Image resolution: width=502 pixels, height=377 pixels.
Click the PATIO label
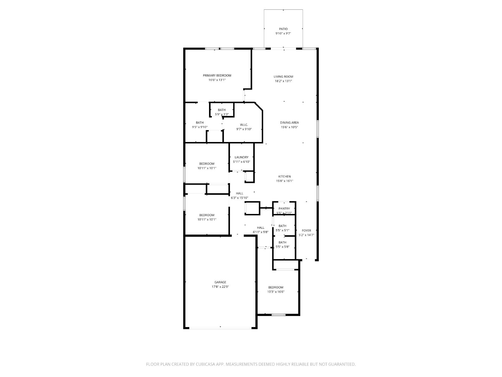[x=283, y=29]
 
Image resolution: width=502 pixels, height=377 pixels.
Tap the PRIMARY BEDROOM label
[x=217, y=75]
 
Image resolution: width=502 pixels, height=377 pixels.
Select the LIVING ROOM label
[x=283, y=77]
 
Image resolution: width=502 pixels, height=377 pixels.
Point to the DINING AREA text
[x=289, y=123]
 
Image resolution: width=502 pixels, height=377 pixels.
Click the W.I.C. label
[x=244, y=125]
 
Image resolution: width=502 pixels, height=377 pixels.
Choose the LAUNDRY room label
[x=241, y=157]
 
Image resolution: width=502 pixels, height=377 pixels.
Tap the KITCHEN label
[x=284, y=177]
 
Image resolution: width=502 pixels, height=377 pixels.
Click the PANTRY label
[x=284, y=209]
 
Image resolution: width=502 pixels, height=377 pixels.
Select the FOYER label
[x=306, y=231]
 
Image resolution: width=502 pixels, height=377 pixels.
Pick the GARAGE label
[x=220, y=282]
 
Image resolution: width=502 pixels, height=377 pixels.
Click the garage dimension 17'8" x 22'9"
[x=220, y=287]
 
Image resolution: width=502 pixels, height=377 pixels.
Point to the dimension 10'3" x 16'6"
[x=275, y=292]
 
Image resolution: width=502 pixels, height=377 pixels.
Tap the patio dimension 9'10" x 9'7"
[x=283, y=33]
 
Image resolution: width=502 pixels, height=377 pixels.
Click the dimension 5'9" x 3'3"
[x=222, y=114]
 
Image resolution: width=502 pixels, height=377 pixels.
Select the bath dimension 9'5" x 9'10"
[x=200, y=127]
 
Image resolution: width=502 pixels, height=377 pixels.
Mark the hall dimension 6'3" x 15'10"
[x=239, y=198]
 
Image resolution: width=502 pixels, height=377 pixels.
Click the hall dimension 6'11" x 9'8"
[x=260, y=232]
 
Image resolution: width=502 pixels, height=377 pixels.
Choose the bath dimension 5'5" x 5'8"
[x=282, y=247]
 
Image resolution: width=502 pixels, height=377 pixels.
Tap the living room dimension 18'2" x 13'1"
[x=283, y=81]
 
